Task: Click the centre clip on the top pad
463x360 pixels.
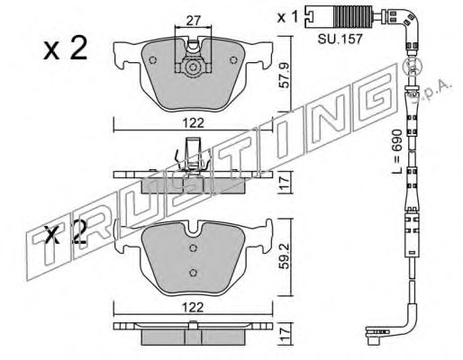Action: (x=190, y=67)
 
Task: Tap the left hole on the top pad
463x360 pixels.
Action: (x=153, y=60)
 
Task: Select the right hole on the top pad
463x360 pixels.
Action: (x=235, y=60)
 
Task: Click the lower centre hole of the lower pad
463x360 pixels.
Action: (x=193, y=272)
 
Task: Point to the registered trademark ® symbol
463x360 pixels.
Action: (x=413, y=66)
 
